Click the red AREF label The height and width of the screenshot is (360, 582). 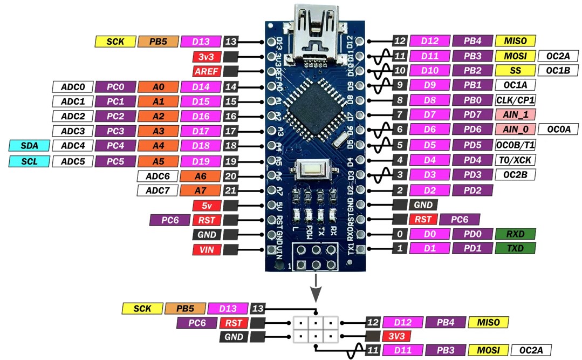(207, 71)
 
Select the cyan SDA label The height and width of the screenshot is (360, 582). (29, 146)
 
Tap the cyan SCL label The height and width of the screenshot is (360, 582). (29, 161)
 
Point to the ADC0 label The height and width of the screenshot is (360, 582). (73, 87)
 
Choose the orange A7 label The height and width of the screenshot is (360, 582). (201, 191)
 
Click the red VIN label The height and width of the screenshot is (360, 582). (207, 250)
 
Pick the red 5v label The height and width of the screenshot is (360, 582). (207, 206)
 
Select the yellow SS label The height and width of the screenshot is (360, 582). (515, 70)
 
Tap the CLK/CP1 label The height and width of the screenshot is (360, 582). (515, 100)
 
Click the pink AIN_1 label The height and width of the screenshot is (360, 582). (515, 114)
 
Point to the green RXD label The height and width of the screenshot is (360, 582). (515, 234)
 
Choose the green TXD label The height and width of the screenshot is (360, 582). (515, 248)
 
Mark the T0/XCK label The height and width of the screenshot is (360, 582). (515, 160)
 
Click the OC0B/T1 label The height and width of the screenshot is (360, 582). (515, 145)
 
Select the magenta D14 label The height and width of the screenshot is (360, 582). (201, 87)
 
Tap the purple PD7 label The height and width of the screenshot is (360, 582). (473, 114)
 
